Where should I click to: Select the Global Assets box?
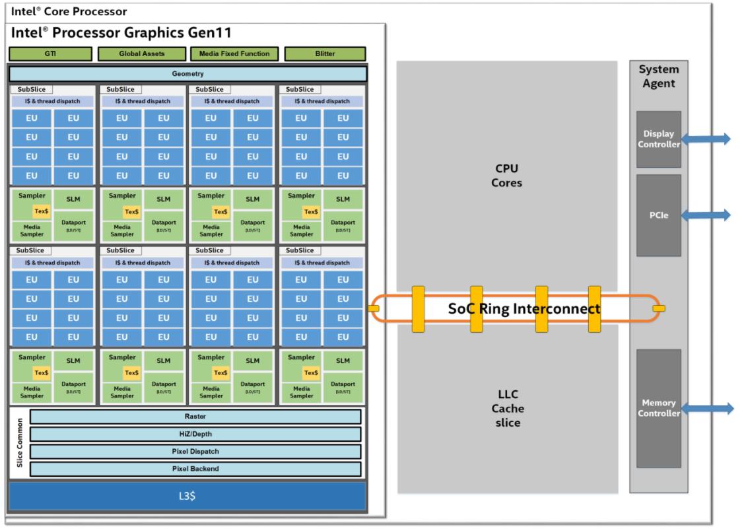click(141, 54)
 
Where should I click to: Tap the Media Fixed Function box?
click(234, 54)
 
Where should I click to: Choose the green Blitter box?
click(325, 54)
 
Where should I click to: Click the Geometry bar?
click(187, 74)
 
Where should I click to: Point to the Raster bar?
click(195, 417)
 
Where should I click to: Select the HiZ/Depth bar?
click(195, 434)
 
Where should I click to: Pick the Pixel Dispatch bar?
click(195, 452)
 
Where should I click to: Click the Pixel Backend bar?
click(195, 469)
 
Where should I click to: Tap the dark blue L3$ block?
click(187, 496)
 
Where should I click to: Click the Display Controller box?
click(658, 139)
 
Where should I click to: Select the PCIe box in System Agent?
click(658, 215)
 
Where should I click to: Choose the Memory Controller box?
click(658, 408)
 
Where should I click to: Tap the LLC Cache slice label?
click(507, 408)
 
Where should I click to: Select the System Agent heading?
click(658, 77)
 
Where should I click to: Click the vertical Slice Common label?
click(18, 443)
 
